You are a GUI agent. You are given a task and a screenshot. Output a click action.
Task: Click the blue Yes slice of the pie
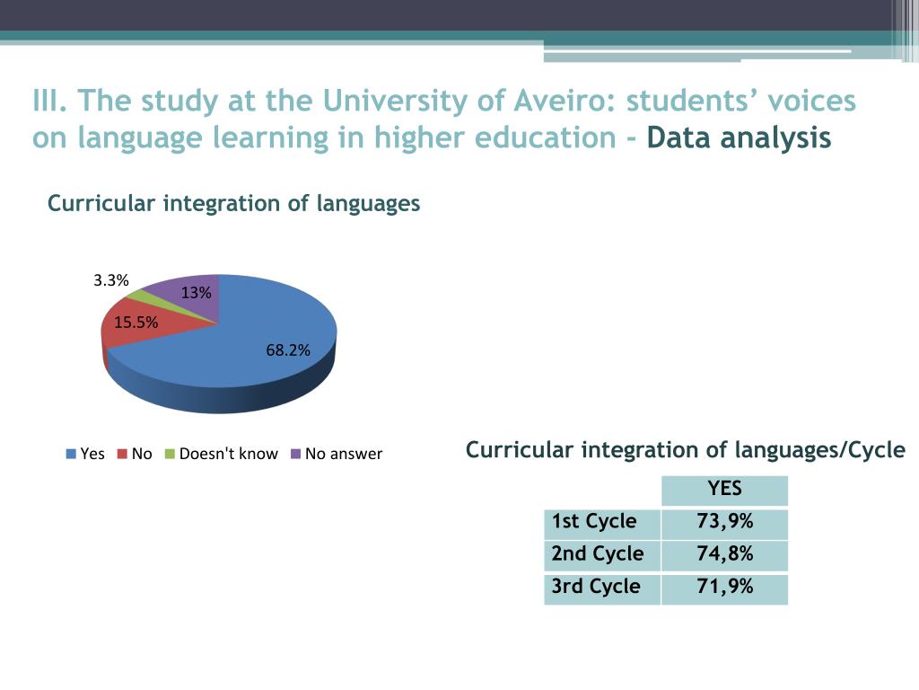tap(242, 359)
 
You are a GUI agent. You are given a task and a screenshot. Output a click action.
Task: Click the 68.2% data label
tap(288, 350)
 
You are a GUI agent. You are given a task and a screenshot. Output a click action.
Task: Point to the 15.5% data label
tap(136, 323)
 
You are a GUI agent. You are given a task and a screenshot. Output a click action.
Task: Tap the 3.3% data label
tap(111, 280)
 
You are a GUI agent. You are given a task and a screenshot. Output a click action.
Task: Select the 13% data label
tap(196, 293)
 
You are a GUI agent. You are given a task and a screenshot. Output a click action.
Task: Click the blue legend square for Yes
tap(71, 454)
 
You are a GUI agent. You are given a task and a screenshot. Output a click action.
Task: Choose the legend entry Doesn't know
tap(228, 454)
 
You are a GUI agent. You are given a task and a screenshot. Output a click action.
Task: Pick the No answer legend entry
tap(343, 454)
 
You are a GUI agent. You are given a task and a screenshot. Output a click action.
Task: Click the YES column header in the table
tap(724, 489)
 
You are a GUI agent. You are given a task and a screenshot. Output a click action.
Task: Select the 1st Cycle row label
tap(594, 522)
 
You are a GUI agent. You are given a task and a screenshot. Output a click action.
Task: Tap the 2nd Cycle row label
tap(598, 554)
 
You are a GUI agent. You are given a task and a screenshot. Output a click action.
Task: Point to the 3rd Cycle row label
tap(596, 587)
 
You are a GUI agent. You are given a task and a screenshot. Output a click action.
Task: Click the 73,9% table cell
tap(724, 522)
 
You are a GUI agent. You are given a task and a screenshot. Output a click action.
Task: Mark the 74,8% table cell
tap(724, 554)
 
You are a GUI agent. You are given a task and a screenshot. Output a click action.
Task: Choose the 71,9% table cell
tap(724, 587)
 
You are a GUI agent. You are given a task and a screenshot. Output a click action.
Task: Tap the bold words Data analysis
tap(739, 138)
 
